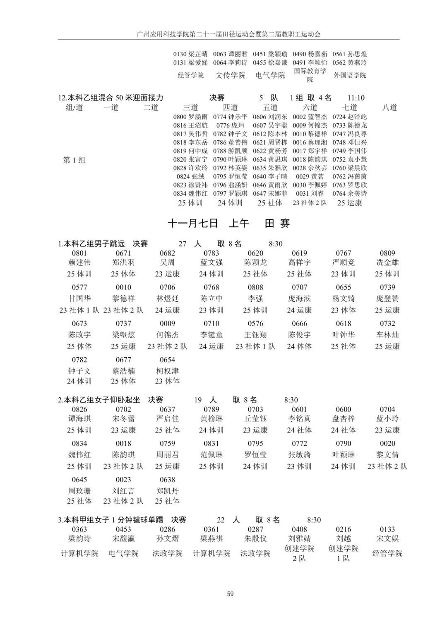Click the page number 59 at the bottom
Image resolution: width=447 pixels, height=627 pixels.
pos(230,594)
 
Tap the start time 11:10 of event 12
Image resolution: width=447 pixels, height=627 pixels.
pos(356,98)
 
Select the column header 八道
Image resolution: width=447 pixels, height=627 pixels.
pos(389,108)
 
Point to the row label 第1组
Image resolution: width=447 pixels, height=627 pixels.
pos(74,160)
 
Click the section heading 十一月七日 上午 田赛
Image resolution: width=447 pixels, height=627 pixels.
pos(229,223)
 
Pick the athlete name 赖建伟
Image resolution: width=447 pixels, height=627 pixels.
pos(79,262)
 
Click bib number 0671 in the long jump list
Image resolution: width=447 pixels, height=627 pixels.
pos(123,253)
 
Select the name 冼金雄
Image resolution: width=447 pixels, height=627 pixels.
pos(387,262)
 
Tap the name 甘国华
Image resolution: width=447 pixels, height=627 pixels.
pos(79,298)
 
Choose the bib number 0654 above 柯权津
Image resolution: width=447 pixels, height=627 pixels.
pos(167,360)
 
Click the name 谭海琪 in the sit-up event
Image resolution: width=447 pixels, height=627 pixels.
pos(79,418)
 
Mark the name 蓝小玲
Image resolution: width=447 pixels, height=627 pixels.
pos(387,418)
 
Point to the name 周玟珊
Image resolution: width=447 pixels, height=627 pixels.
pos(79,491)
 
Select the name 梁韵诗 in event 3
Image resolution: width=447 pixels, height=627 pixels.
pos(79,538)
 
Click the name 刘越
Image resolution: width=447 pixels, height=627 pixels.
pos(344,538)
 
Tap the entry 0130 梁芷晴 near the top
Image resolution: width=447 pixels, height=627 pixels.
pos(190,54)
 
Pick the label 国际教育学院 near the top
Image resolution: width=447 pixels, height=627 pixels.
pos(310,75)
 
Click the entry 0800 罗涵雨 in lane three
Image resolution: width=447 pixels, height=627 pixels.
pos(190,117)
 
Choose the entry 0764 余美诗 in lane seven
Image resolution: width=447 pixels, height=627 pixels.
pos(349,193)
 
